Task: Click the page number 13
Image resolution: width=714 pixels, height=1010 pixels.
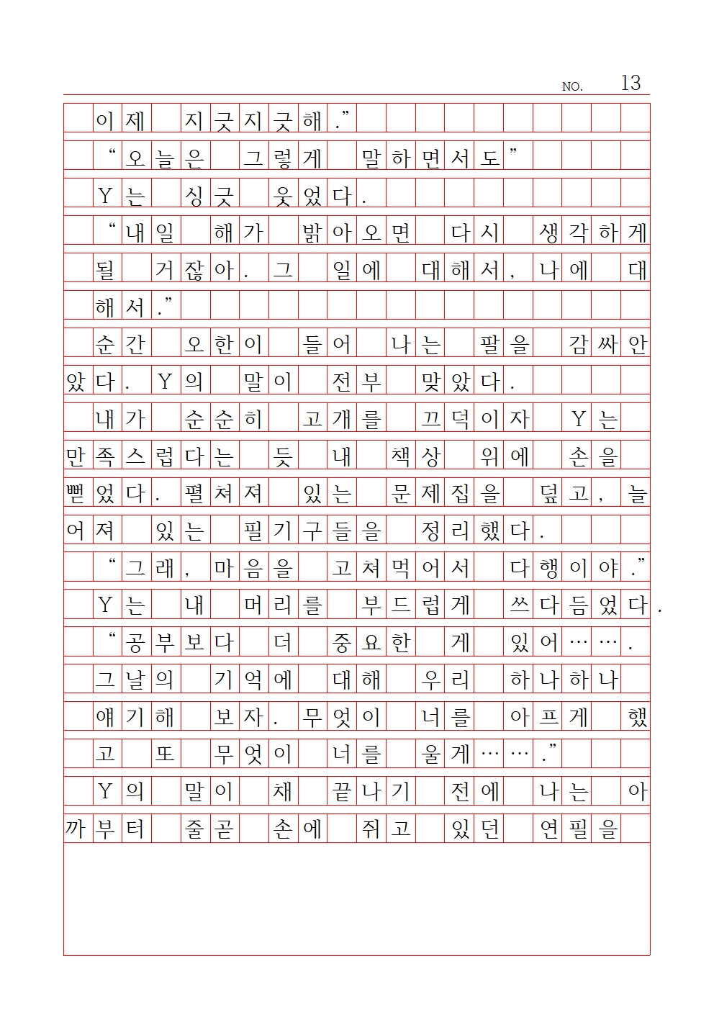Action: click(x=630, y=83)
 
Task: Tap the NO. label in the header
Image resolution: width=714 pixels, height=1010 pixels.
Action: click(x=571, y=86)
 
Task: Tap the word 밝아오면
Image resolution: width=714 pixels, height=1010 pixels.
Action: click(x=356, y=233)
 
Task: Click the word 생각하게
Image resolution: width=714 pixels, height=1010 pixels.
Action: click(x=593, y=233)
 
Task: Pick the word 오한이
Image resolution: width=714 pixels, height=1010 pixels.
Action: click(x=223, y=344)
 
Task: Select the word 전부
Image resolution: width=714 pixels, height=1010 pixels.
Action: click(x=356, y=382)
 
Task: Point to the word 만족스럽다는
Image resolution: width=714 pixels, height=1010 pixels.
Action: click(x=150, y=456)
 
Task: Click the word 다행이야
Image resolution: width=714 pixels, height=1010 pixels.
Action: click(x=564, y=569)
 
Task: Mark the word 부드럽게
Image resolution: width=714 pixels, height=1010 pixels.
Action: click(x=416, y=605)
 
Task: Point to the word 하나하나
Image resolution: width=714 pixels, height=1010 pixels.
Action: click(x=564, y=680)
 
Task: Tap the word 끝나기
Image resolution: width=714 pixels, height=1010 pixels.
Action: click(x=371, y=792)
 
